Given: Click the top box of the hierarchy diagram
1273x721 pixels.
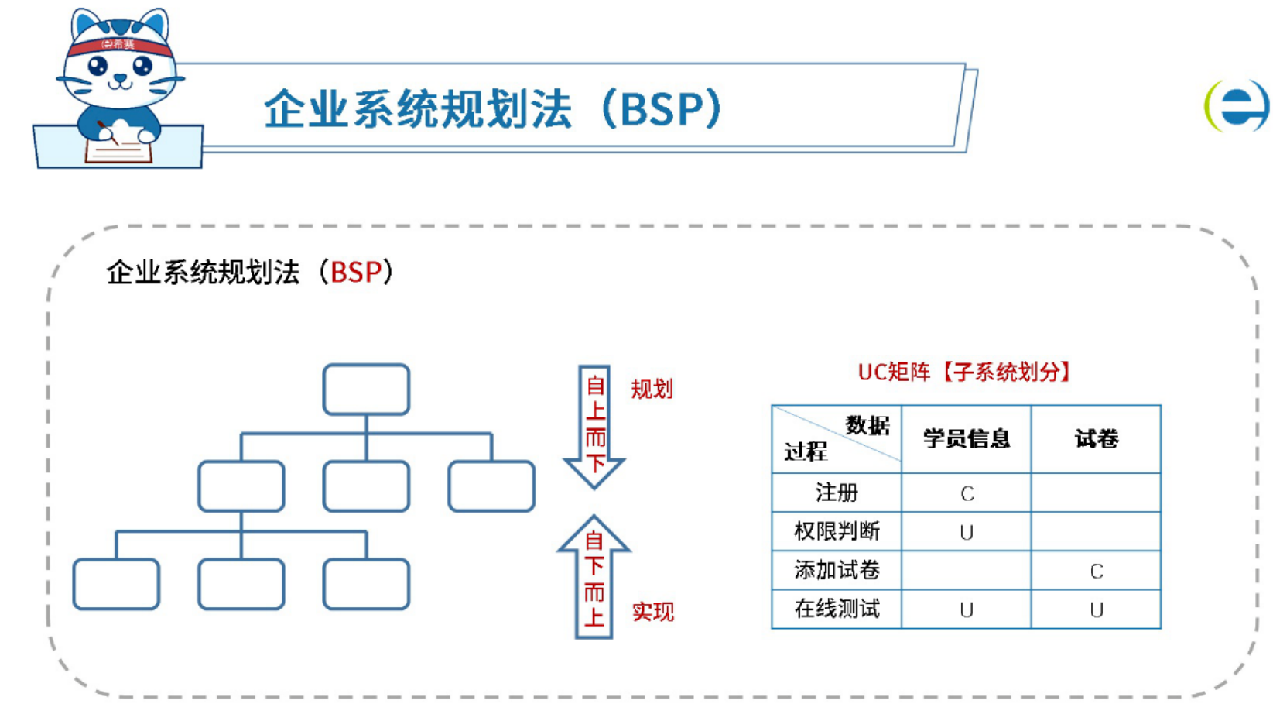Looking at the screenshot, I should (366, 390).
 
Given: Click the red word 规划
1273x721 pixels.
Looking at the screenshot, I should (652, 389).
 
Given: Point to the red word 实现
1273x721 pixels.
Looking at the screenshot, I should (652, 612).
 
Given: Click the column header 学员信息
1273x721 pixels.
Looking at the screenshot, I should (967, 439).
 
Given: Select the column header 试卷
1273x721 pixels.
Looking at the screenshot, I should (1097, 439).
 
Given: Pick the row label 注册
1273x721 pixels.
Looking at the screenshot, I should (837, 493).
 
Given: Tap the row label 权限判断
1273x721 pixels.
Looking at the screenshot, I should (837, 531).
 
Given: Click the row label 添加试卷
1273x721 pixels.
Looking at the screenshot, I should (837, 570).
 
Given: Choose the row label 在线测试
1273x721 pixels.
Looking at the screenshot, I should (837, 609).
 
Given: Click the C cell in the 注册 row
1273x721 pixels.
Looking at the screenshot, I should (967, 493).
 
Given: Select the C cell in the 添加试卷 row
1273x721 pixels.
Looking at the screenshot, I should (1097, 571).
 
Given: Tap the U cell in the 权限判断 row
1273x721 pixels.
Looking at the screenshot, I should (967, 532).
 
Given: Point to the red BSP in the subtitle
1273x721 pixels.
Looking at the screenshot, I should (356, 273).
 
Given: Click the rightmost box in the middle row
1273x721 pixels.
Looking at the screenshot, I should (491, 486).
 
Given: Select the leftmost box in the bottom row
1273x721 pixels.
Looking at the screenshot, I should (116, 584).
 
